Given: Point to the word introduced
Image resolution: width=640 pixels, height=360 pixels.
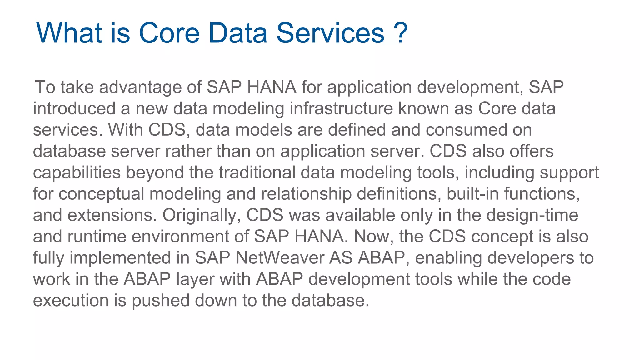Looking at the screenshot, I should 74,108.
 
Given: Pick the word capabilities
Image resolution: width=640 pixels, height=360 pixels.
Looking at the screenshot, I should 77,172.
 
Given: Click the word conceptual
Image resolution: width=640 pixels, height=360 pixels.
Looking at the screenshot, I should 101,194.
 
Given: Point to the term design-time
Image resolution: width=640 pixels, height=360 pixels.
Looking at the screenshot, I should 532,215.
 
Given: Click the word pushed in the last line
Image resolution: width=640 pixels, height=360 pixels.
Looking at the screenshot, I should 160,301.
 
